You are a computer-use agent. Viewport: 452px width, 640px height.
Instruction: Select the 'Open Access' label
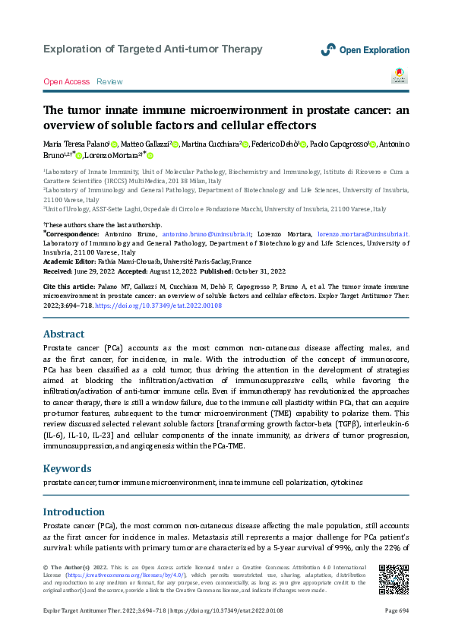(66, 81)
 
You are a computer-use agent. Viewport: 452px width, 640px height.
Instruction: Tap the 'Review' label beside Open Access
(109, 81)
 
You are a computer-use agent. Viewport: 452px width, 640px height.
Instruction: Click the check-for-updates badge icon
(398, 75)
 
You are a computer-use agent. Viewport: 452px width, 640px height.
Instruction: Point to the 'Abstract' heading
(64, 334)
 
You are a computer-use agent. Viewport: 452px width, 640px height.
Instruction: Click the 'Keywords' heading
(68, 469)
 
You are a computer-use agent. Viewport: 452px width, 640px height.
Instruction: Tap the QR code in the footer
(393, 580)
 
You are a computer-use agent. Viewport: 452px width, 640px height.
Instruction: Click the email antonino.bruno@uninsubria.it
(205, 234)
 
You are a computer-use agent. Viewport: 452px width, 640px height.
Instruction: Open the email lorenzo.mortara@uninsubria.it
(362, 234)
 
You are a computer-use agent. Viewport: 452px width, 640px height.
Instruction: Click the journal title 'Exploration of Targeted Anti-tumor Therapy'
(153, 49)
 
